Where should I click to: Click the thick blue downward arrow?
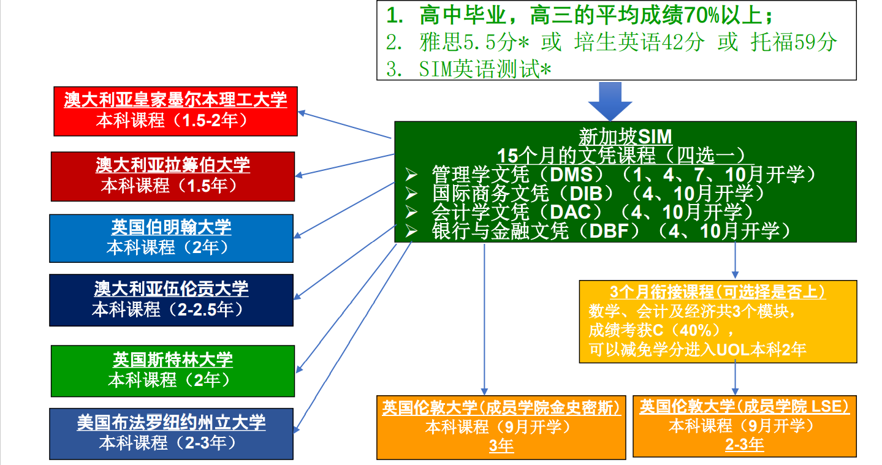tap(609, 102)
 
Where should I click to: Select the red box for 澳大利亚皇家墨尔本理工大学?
tap(176, 110)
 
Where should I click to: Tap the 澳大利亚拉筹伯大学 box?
tap(172, 176)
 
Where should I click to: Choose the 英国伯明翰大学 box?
tap(171, 238)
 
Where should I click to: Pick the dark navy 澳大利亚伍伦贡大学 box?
tap(171, 300)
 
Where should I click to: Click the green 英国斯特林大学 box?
tap(172, 371)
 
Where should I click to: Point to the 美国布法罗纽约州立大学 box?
tap(171, 433)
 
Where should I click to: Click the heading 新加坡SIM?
tap(625, 135)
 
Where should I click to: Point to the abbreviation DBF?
tap(615, 231)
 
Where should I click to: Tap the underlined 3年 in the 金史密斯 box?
tap(501, 446)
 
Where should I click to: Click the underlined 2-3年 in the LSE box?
tap(744, 444)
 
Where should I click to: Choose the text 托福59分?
tap(794, 42)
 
